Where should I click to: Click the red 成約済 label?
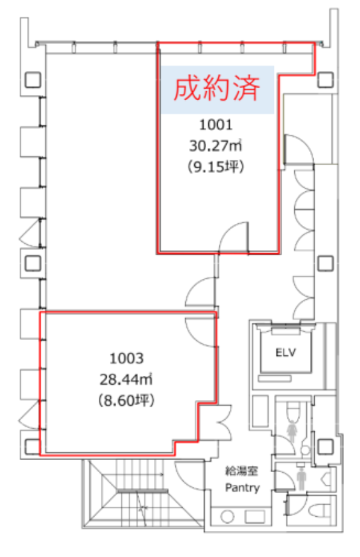216,89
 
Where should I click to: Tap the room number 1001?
216,124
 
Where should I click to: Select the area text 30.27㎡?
215,145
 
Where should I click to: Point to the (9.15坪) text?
216,167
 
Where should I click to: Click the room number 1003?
126,359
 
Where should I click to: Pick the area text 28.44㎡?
126,380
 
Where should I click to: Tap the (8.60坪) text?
126,400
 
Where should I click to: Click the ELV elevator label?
285,352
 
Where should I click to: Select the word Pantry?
243,487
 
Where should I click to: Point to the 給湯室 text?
242,471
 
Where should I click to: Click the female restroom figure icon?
292,431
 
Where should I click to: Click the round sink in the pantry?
227,517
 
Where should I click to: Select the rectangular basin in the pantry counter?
255,517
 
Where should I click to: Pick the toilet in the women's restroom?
294,412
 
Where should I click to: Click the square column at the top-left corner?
33,80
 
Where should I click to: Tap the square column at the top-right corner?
325,80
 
